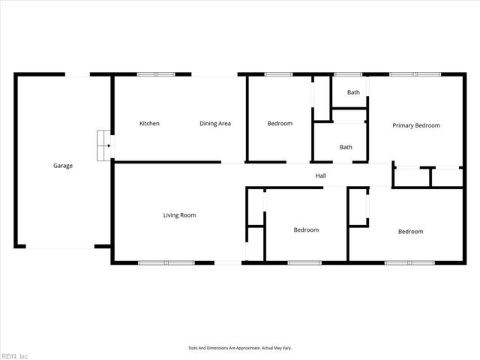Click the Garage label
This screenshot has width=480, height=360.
pyautogui.click(x=62, y=166)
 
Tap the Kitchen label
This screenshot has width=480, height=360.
pyautogui.click(x=149, y=124)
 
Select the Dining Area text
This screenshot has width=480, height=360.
pyautogui.click(x=214, y=124)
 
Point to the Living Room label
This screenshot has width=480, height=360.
pyautogui.click(x=179, y=215)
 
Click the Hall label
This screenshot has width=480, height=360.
pyautogui.click(x=320, y=176)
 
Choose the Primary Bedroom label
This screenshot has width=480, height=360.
pyautogui.click(x=416, y=125)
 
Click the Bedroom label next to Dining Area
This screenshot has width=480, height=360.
pyautogui.click(x=280, y=124)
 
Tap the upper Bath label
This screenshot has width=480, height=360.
pyautogui.click(x=352, y=92)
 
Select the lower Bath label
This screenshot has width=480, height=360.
pyautogui.click(x=346, y=147)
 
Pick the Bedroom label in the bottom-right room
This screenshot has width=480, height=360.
pyautogui.click(x=410, y=232)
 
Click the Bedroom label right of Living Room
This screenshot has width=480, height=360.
pyautogui.click(x=306, y=230)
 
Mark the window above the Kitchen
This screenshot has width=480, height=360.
pyautogui.click(x=156, y=74)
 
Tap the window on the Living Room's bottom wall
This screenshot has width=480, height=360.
pyautogui.click(x=166, y=262)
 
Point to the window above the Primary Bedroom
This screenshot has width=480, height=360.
pyautogui.click(x=415, y=74)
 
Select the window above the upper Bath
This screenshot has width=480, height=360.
pyautogui.click(x=347, y=74)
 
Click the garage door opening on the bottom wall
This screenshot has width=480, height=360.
pyautogui.click(x=60, y=247)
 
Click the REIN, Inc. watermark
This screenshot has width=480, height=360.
pyautogui.click(x=15, y=355)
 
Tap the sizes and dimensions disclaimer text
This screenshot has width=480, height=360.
pyautogui.click(x=239, y=348)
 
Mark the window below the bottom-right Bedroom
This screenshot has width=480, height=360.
pyautogui.click(x=409, y=262)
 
